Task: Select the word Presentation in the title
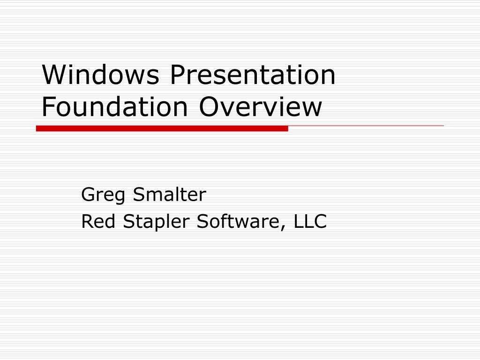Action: click(253, 75)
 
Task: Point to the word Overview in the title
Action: click(261, 107)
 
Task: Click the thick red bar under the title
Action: click(162, 128)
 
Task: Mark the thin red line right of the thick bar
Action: click(366, 126)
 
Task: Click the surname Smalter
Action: click(169, 194)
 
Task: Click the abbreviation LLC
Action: click(310, 221)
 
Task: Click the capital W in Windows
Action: click(53, 75)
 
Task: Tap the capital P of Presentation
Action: click(177, 75)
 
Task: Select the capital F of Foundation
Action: click(48, 107)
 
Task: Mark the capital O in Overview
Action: click(209, 107)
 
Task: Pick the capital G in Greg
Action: click(88, 194)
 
